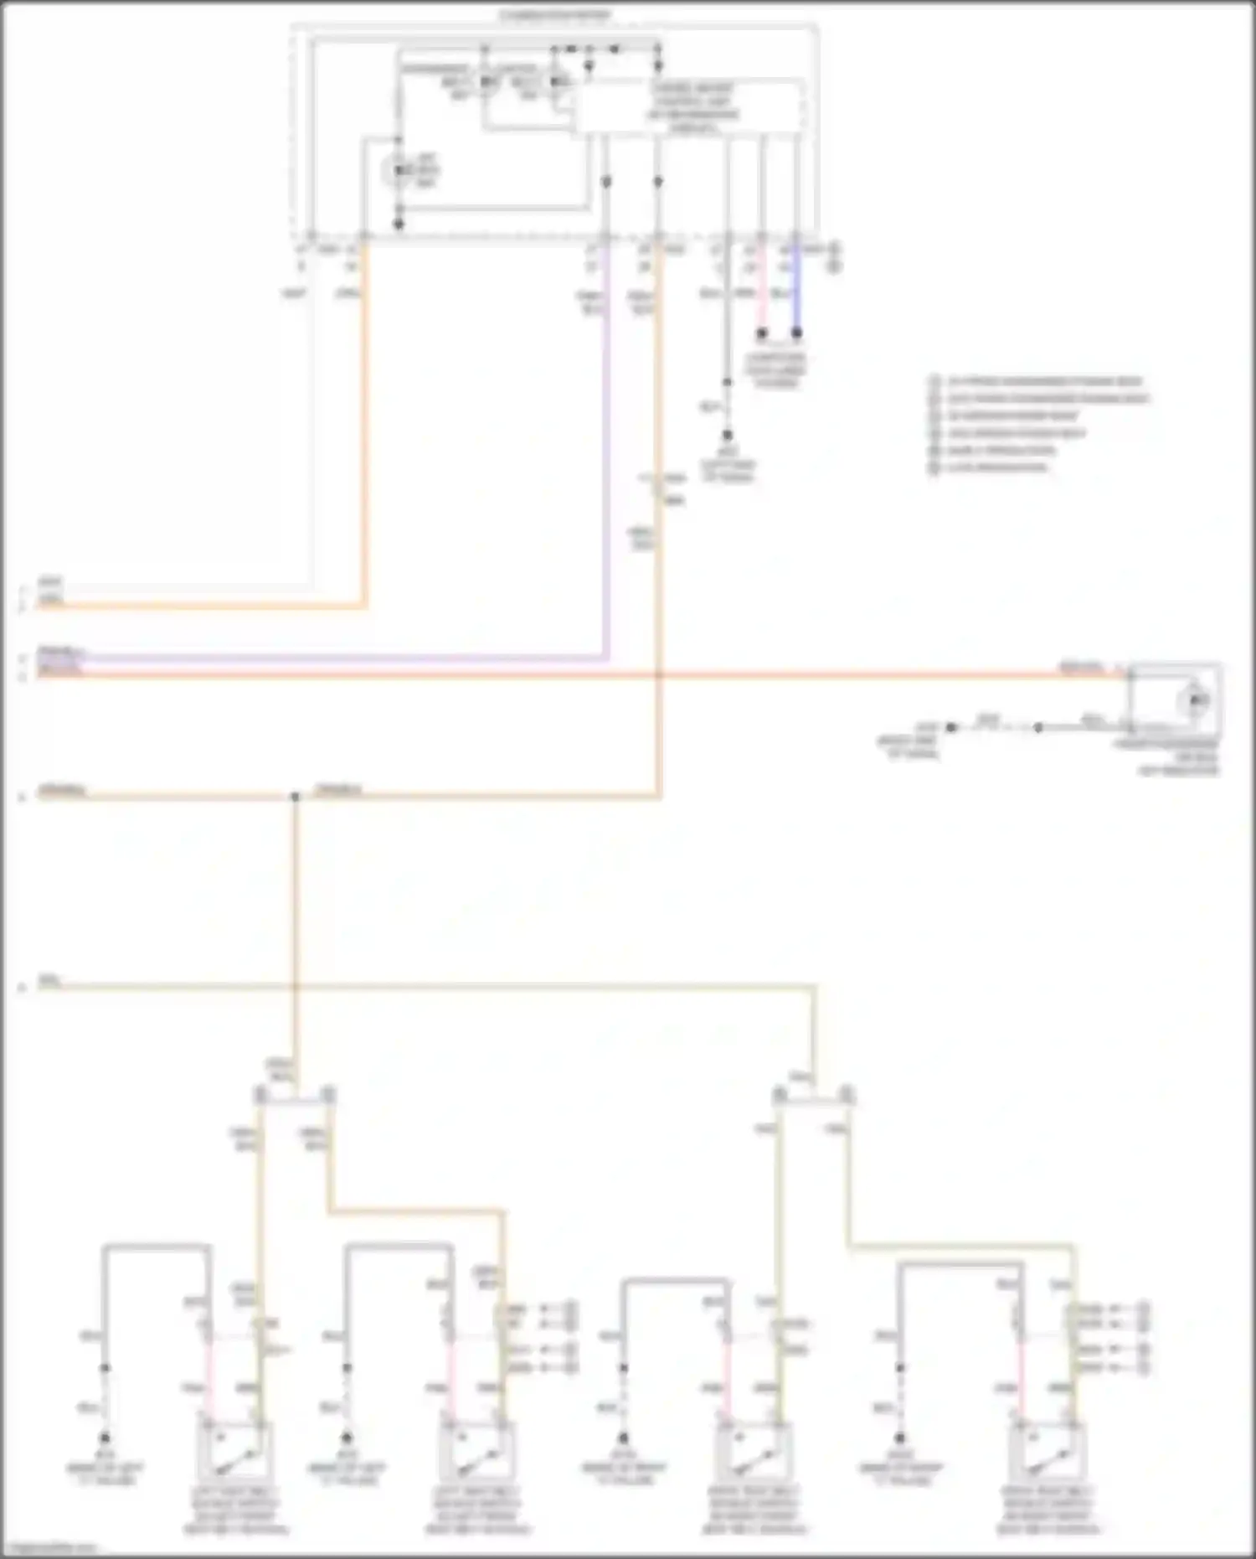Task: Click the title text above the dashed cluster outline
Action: [556, 16]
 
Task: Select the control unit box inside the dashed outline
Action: [691, 107]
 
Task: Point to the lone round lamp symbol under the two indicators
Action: [397, 171]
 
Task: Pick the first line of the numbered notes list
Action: [1038, 382]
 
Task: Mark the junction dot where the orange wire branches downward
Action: [295, 796]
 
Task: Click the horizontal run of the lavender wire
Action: [335, 659]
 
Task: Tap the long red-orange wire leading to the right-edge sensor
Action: [586, 674]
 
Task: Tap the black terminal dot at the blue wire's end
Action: [796, 333]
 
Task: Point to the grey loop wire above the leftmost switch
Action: [156, 1247]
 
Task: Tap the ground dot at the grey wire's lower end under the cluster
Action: [727, 436]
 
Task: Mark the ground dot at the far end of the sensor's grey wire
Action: [951, 727]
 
